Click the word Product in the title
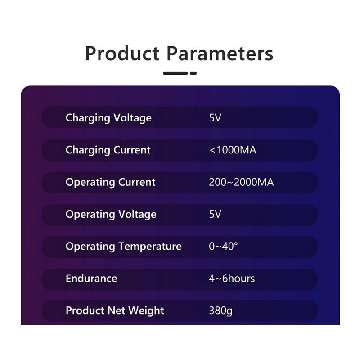click(122, 54)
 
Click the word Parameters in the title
click(220, 54)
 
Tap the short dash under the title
click(193, 73)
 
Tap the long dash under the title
click(175, 73)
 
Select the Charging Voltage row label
click(108, 118)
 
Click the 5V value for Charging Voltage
click(215, 118)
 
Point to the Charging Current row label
click(108, 150)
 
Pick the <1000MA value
click(233, 150)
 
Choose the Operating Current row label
click(111, 183)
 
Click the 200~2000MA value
click(241, 182)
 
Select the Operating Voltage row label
click(111, 215)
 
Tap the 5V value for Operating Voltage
click(215, 214)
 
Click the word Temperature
click(150, 247)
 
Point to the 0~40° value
click(223, 246)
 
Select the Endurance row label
click(91, 279)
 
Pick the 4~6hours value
click(232, 279)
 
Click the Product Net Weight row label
click(115, 311)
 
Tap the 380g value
click(220, 311)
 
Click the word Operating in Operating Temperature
click(90, 247)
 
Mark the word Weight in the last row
click(146, 311)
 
